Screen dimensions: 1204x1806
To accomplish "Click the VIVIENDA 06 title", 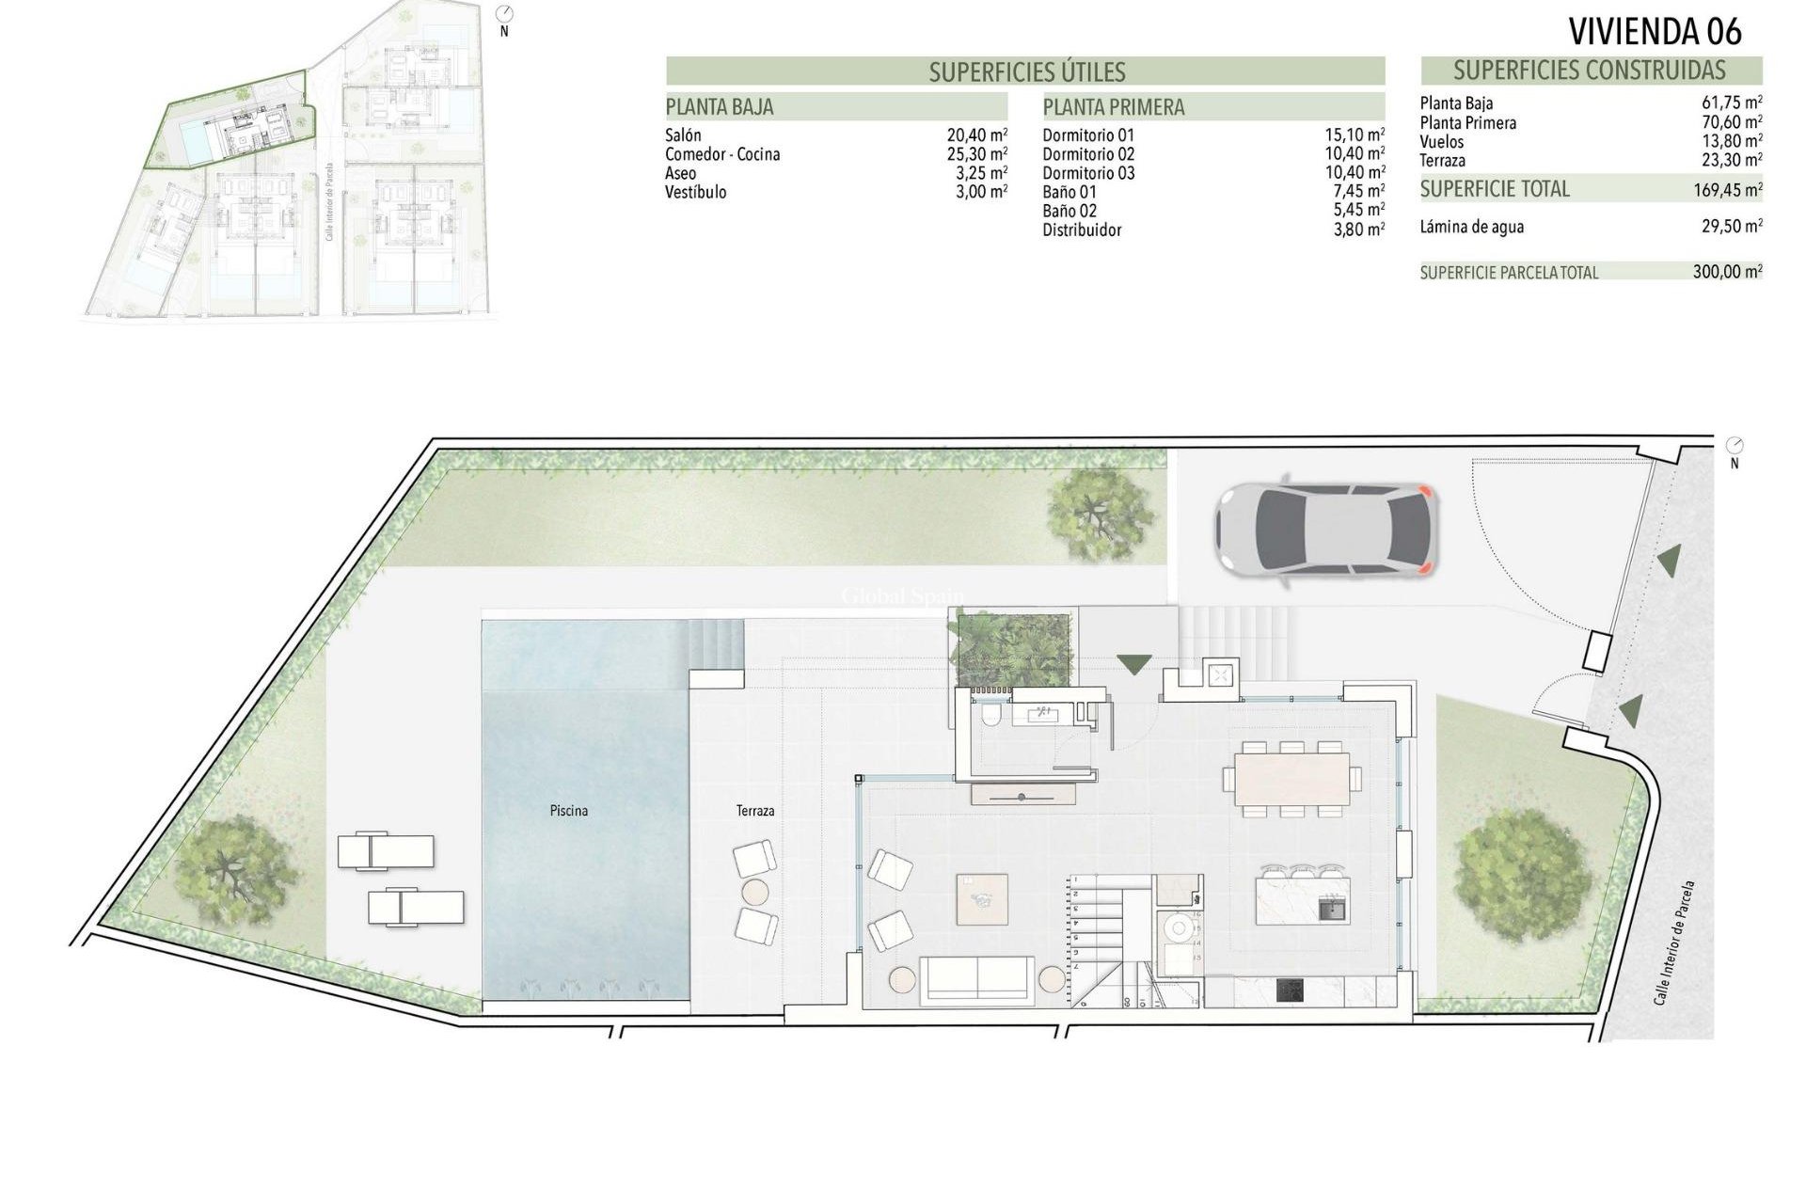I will pos(1655,31).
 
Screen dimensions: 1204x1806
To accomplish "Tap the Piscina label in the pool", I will pos(569,810).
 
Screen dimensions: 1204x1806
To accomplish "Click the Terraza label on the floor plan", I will pos(755,810).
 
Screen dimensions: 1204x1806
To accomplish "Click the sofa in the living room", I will pos(978,979).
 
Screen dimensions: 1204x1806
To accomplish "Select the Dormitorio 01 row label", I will pos(1088,135).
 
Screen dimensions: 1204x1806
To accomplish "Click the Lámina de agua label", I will pos(1472,227).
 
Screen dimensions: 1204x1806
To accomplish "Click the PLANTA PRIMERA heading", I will pos(1113,107).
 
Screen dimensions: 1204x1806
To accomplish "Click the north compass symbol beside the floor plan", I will pos(1735,446).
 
